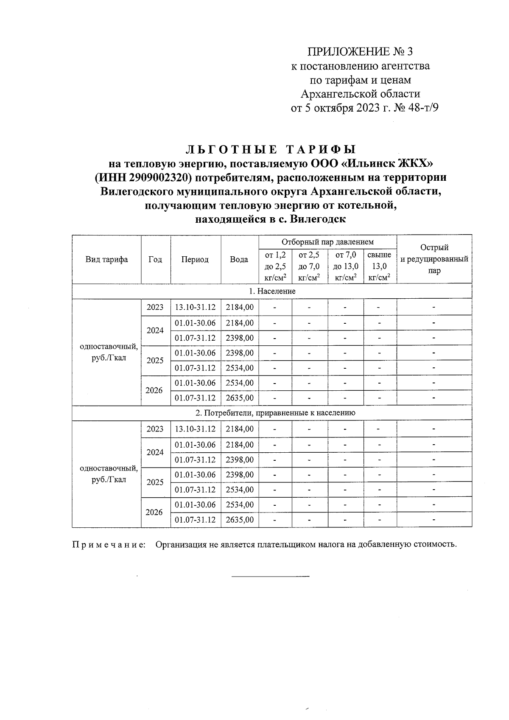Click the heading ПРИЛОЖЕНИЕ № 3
360,52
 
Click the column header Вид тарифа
106,260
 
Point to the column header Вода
239,260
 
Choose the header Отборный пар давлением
327,242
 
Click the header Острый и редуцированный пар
434,259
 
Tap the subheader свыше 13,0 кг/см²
380,266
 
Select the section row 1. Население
272,291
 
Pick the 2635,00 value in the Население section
240,398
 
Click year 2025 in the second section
155,482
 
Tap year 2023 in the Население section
155,307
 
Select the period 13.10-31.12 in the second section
196,429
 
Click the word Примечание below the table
108,544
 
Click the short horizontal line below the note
270,576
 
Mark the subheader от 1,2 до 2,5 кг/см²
275,266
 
